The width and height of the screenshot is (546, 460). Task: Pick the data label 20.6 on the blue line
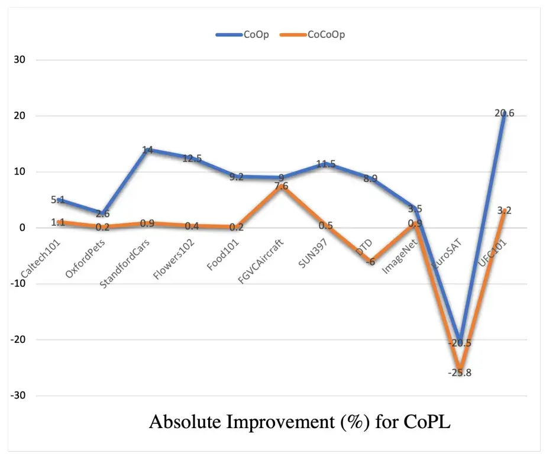click(x=504, y=113)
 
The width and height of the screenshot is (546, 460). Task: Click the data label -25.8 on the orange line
click(x=459, y=373)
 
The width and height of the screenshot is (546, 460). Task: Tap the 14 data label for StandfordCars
click(x=147, y=150)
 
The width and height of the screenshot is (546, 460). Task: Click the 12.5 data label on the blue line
click(x=192, y=158)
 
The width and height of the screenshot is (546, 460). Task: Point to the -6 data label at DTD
click(x=370, y=261)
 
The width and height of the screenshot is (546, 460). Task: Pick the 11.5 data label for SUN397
click(x=325, y=164)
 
